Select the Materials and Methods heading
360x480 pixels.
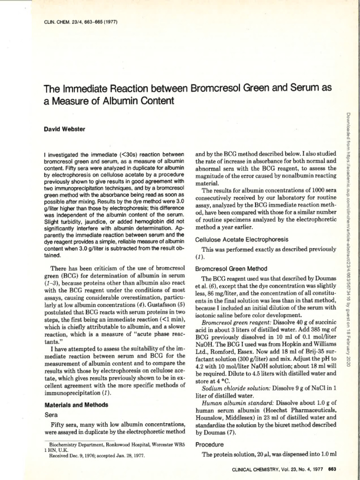[76, 405]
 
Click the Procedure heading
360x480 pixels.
[210, 444]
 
